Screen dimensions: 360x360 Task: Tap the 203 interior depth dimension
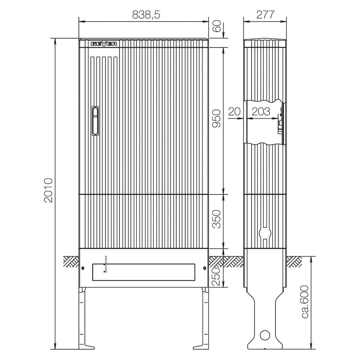(x=261, y=112)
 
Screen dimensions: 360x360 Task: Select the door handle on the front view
(x=95, y=121)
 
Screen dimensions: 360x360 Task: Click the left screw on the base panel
(x=83, y=268)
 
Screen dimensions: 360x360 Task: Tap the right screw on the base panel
(x=204, y=268)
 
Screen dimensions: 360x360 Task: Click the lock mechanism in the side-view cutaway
(x=280, y=122)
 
